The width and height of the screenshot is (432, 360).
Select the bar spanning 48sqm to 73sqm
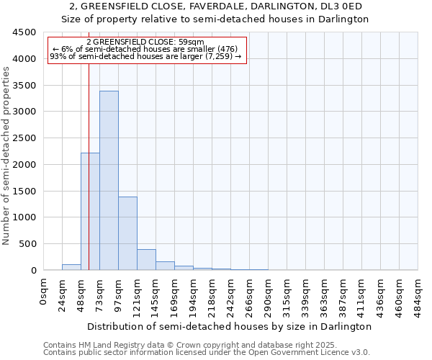point(90,212)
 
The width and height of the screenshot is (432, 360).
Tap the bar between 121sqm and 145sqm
point(146,260)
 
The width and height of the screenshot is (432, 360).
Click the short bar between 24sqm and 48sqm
point(71,267)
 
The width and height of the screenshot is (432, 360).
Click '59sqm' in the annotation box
point(194,42)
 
